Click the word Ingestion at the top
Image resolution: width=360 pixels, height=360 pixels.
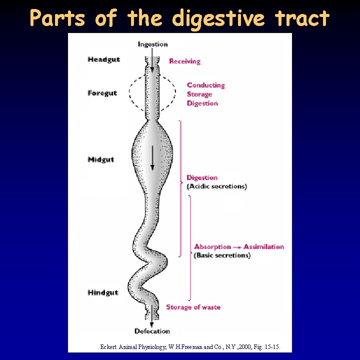click(x=152, y=44)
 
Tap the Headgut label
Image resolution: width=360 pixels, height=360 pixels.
click(x=103, y=59)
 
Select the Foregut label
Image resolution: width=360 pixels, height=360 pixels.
click(x=102, y=93)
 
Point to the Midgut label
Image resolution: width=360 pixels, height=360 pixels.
click(x=100, y=159)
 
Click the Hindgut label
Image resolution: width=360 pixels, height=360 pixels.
click(x=102, y=292)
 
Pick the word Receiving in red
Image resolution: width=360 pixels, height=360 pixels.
click(x=184, y=61)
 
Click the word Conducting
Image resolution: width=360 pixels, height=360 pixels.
click(x=206, y=85)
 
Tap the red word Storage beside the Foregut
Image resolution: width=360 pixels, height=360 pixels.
click(x=199, y=94)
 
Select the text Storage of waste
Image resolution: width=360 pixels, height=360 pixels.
click(x=193, y=307)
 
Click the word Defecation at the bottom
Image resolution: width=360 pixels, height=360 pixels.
click(x=152, y=331)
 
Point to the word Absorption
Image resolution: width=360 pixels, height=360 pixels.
click(x=212, y=246)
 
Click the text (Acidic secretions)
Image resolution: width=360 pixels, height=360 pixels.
click(x=216, y=186)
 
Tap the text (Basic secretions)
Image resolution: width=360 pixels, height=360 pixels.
click(x=222, y=255)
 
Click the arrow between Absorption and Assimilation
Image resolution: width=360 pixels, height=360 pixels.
click(x=237, y=247)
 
